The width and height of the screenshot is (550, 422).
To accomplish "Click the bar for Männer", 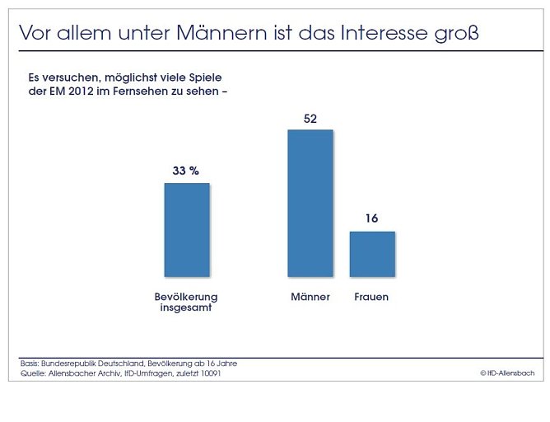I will click(310, 203).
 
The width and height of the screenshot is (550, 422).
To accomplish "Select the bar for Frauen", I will click(372, 254).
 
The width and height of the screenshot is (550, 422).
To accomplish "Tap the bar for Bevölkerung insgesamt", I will click(187, 229).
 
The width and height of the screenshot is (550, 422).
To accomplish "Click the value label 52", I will click(310, 119).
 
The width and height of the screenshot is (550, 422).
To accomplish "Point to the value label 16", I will click(372, 219).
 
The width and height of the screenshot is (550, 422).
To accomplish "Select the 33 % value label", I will click(186, 171).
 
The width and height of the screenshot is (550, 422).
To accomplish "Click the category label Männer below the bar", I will click(310, 297).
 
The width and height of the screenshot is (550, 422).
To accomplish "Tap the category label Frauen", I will click(371, 297).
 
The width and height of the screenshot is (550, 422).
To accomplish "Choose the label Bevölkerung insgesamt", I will click(186, 302).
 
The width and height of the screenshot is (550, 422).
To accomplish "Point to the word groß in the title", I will click(458, 35).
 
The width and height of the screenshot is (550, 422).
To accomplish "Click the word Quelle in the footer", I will click(34, 373).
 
